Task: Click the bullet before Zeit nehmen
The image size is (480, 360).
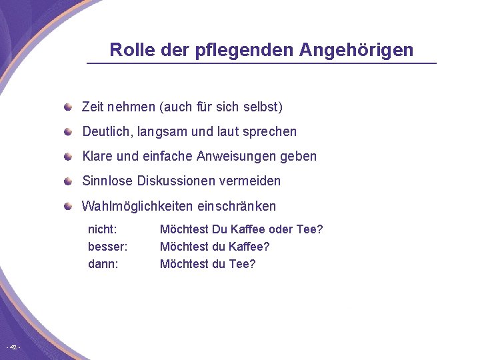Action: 69,107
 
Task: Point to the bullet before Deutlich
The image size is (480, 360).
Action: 69,131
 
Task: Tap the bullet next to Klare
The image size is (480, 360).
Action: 69,156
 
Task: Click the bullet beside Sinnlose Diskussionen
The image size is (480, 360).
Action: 69,181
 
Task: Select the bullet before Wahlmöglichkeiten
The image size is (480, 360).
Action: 69,206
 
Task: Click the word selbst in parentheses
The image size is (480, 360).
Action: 263,107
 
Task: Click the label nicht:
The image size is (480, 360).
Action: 103,229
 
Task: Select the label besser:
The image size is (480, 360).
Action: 108,247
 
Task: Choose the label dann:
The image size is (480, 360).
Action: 103,264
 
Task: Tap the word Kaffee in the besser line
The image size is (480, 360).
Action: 249,247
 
